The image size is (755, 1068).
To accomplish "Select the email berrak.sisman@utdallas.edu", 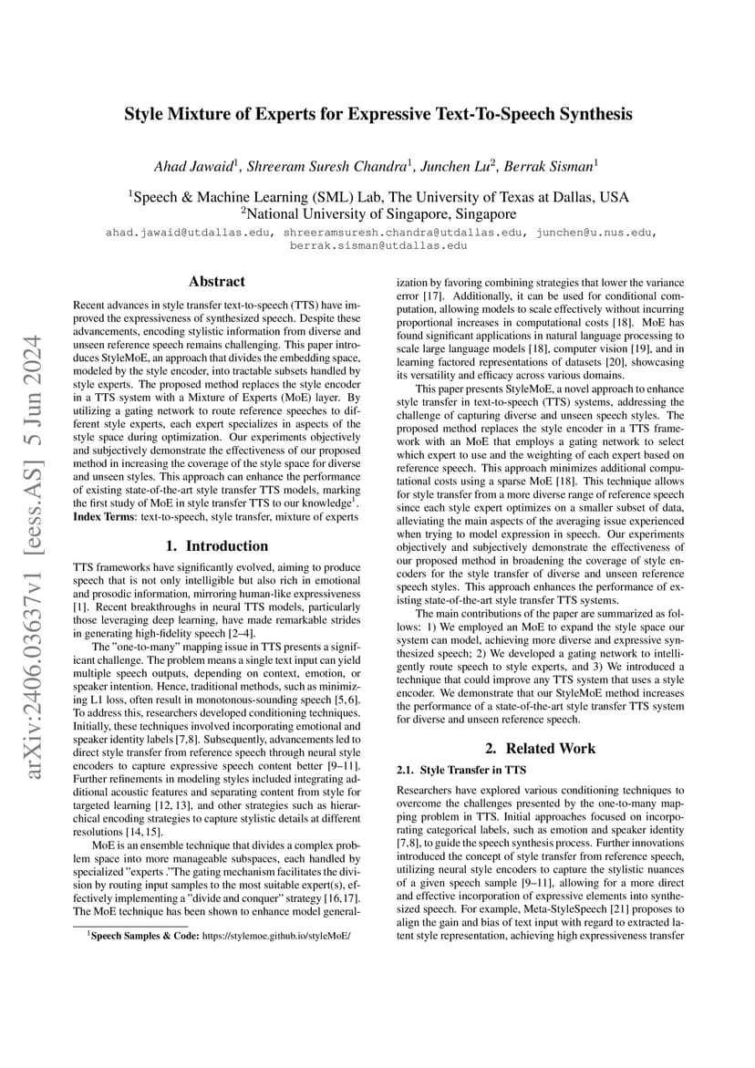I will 378,245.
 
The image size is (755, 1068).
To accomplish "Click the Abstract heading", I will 216,282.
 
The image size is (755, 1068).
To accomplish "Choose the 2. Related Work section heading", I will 540,748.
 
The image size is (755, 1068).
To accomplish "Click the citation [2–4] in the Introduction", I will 239,633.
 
